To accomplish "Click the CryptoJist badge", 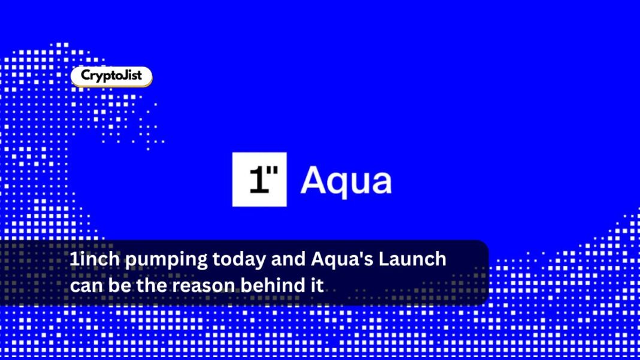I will pos(111,76).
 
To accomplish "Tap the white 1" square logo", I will pos(259,180).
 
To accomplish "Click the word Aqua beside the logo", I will pos(346,180).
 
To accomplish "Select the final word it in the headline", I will pos(318,285).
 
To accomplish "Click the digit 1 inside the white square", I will pos(255,181).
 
